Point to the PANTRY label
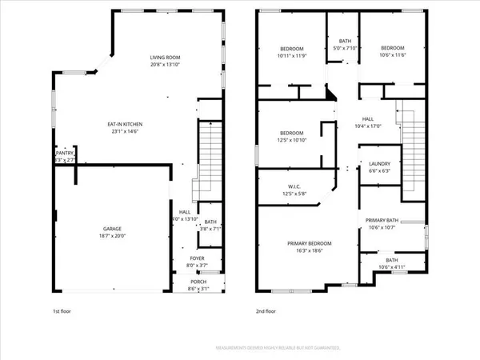pyautogui.click(x=64, y=154)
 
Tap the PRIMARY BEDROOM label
pyautogui.click(x=309, y=243)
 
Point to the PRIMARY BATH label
pyautogui.click(x=382, y=220)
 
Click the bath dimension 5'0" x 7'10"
pyautogui.click(x=344, y=47)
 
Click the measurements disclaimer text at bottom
pyautogui.click(x=279, y=348)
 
